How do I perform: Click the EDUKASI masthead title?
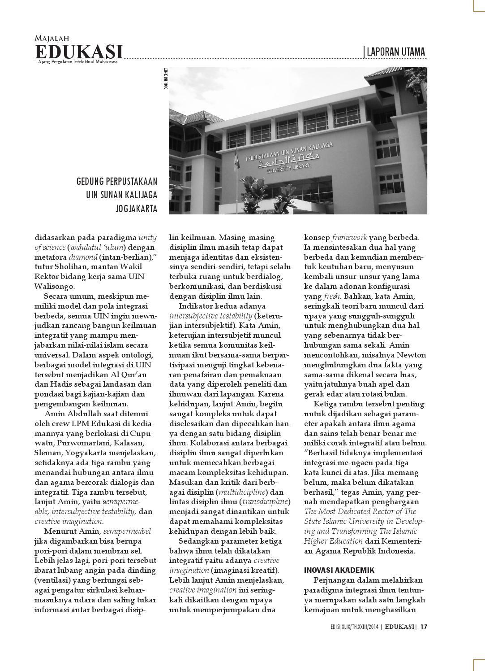click(79, 51)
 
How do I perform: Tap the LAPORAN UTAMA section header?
click(395, 52)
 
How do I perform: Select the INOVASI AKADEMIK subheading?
click(339, 570)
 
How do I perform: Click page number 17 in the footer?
click(423, 627)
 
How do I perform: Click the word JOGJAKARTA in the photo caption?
click(136, 209)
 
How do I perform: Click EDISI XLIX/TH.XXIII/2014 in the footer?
click(352, 627)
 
